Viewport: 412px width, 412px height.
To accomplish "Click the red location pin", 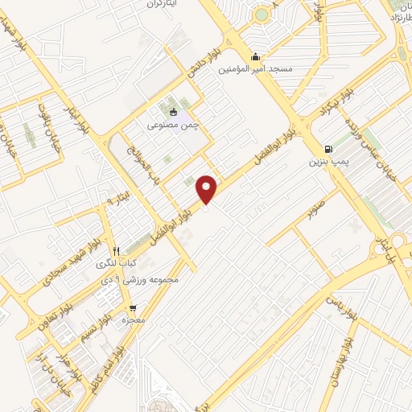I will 207,188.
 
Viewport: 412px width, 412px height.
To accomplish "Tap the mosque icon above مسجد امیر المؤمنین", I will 256,56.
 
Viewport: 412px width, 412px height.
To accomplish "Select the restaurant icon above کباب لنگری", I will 117,250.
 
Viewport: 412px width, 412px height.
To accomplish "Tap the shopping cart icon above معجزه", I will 132,307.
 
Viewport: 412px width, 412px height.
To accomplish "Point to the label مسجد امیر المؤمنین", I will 257,70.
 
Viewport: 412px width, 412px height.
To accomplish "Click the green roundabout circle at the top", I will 262,14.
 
